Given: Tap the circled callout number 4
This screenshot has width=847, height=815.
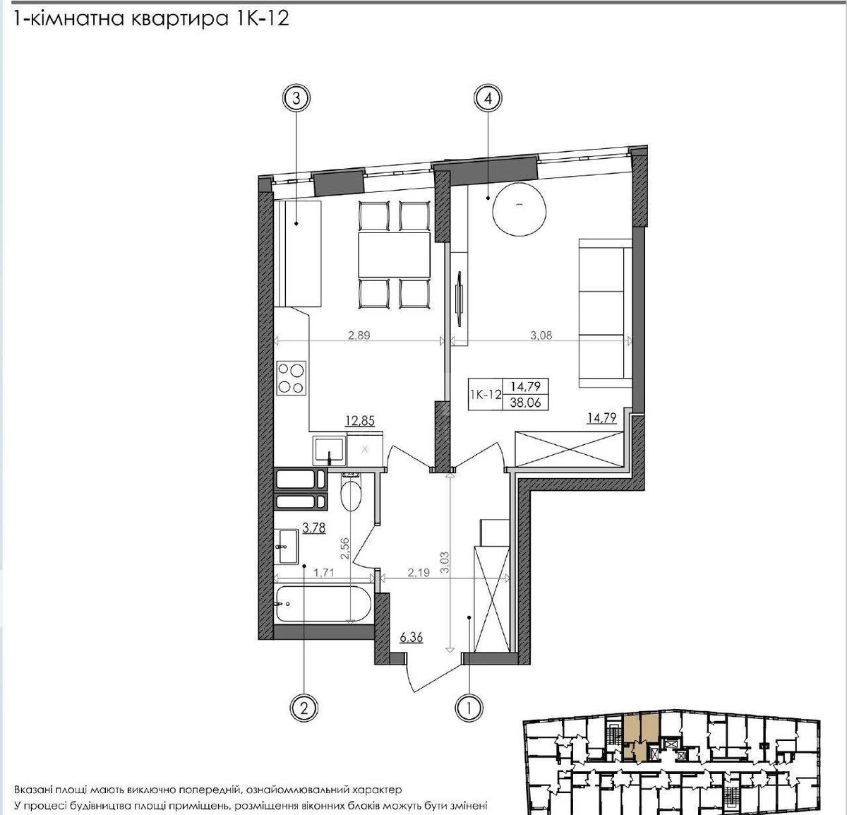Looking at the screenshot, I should pos(488,100).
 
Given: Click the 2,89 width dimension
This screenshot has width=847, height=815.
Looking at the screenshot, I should pos(360,336).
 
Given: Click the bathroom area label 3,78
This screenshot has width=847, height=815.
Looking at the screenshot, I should pos(313,527).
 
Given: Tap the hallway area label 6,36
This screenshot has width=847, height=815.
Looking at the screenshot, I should pos(412,638).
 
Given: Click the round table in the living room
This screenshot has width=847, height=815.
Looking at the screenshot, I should pos(519,207).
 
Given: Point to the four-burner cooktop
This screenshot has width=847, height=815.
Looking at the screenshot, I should pos(291,377).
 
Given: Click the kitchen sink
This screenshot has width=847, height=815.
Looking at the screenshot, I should pos(329,449).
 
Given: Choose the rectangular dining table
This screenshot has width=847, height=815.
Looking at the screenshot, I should pos(394,256).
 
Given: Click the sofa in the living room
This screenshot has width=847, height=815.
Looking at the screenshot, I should pos(605,313).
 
